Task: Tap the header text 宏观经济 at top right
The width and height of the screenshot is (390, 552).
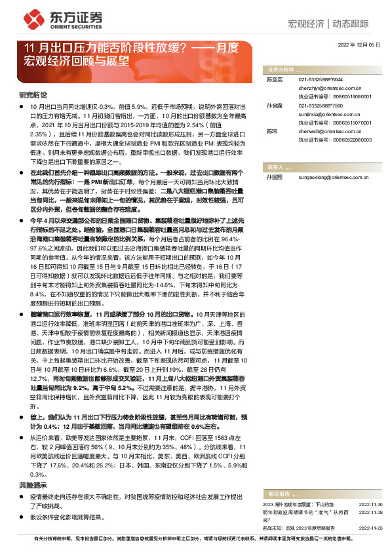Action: coord(307,24)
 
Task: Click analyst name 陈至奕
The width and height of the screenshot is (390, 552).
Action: coord(273,79)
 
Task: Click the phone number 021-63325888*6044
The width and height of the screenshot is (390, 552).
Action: coord(320,79)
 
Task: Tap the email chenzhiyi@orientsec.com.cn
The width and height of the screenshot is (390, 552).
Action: coord(329,87)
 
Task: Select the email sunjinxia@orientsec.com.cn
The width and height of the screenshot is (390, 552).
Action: coord(328,113)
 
